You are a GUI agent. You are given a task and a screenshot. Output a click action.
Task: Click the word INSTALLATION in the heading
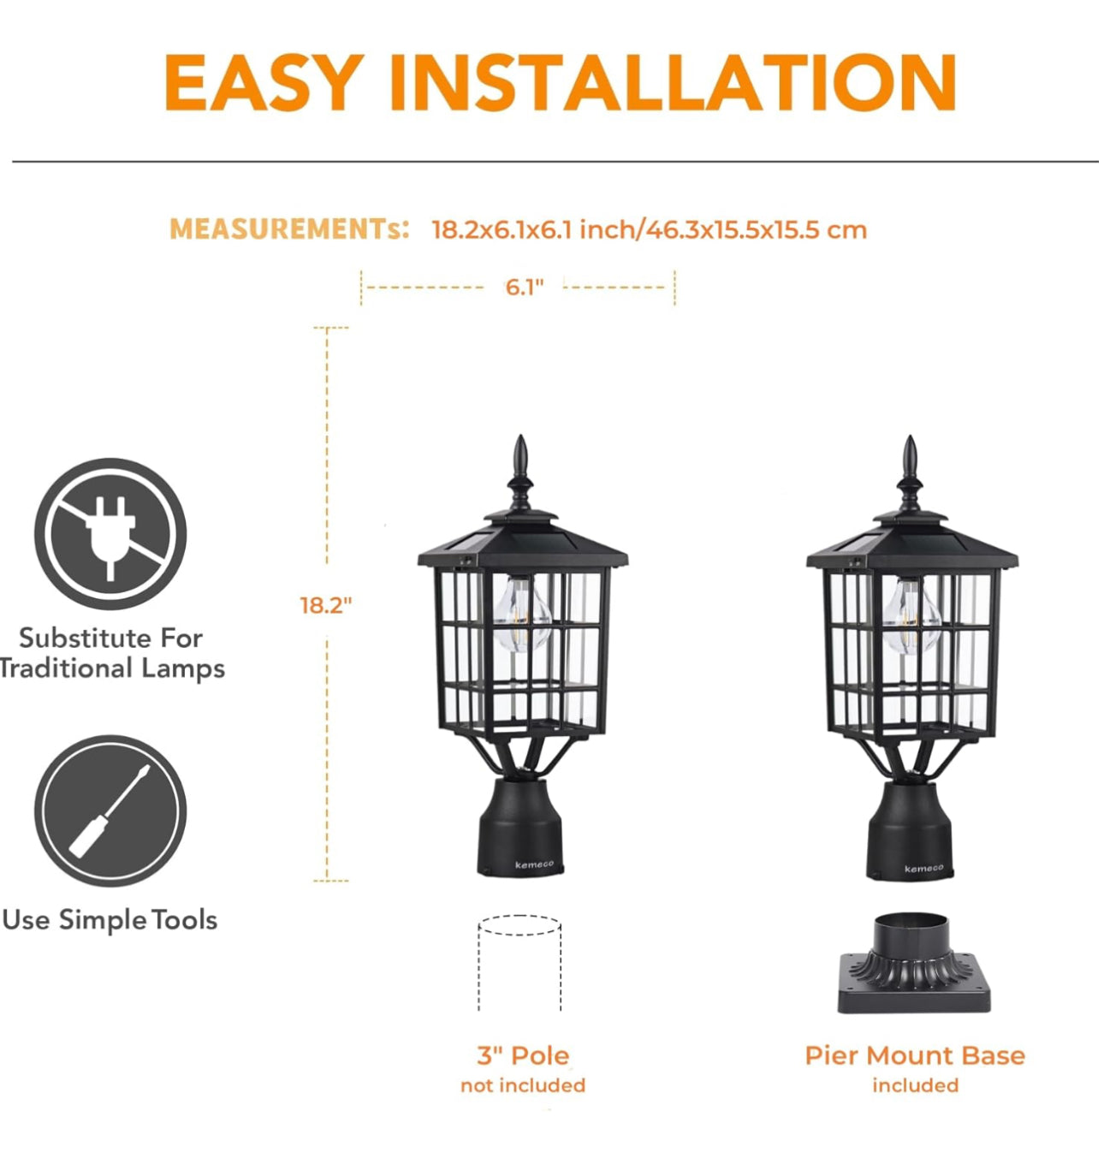[x=672, y=82]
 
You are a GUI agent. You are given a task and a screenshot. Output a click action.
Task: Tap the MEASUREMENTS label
[x=289, y=229]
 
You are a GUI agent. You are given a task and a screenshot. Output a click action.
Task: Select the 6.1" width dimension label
[x=524, y=287]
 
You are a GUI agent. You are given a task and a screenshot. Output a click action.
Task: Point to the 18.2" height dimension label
[x=325, y=605]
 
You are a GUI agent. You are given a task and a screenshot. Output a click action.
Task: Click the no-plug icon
[x=110, y=533]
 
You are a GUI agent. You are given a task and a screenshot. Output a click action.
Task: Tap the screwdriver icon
[x=110, y=810]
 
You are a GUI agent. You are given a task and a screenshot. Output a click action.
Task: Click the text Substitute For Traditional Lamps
[x=111, y=653]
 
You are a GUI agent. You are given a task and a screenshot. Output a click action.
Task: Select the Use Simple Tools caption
[x=110, y=920]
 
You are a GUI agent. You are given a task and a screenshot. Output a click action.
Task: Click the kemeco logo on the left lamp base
[x=534, y=864]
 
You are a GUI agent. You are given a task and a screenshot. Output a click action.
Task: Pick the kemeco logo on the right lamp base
[x=923, y=868]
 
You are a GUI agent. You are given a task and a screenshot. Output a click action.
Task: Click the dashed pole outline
[x=519, y=964]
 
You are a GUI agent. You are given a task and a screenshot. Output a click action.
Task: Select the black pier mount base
[x=912, y=967]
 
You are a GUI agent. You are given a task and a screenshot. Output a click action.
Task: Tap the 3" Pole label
[x=523, y=1055]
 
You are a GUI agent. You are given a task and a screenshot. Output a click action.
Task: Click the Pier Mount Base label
[x=915, y=1055]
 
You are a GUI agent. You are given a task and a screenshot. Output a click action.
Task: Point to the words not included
[x=523, y=1085]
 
